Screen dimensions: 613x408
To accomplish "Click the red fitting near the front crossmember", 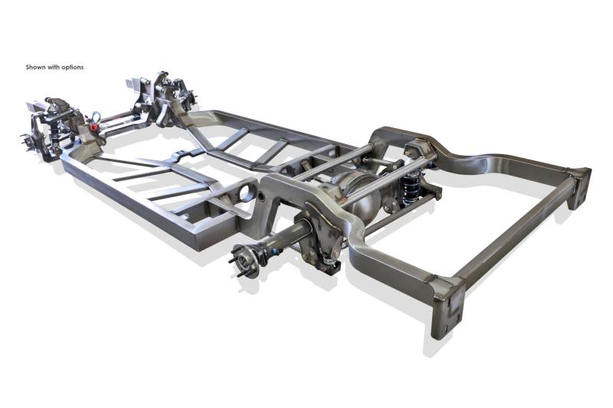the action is tap(93, 127).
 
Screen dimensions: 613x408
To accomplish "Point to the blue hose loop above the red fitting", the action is tap(95, 116).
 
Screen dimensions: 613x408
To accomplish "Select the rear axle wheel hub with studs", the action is tap(244, 260).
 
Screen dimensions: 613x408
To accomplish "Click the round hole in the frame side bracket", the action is tap(247, 192).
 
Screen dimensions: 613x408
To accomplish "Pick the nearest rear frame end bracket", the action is tap(447, 307).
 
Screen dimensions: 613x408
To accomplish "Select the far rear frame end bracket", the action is tap(579, 188).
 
